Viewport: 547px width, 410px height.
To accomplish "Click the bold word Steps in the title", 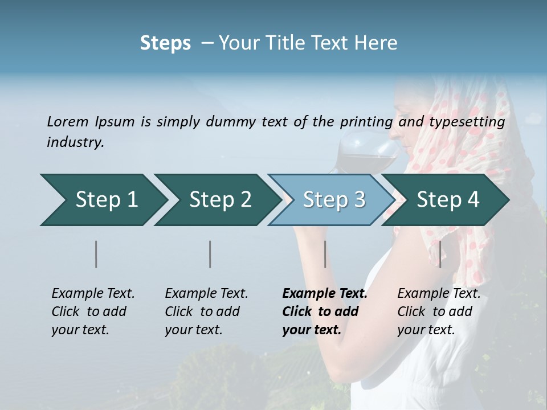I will (165, 43).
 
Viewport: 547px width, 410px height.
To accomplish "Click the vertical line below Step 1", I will (96, 254).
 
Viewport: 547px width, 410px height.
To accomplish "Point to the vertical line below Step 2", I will (210, 254).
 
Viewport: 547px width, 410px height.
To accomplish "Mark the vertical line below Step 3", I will (325, 254).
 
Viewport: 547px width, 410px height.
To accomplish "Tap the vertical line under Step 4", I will (440, 254).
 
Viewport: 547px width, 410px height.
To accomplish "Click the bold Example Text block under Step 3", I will (324, 311).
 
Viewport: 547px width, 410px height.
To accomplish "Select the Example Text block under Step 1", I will (93, 311).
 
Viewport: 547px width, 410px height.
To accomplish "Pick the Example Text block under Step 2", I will (206, 311).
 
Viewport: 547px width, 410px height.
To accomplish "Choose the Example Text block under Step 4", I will (439, 311).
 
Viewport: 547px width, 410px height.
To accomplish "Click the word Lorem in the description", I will (68, 121).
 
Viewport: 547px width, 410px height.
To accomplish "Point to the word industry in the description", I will (75, 142).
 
